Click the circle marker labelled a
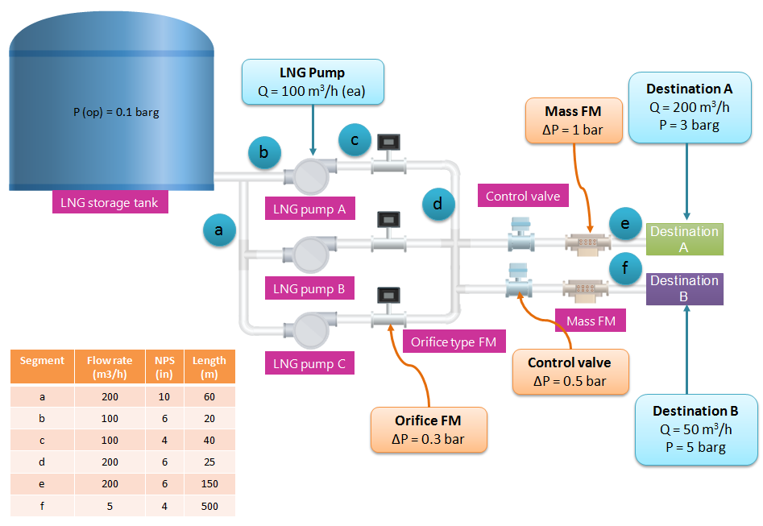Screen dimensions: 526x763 click(218, 231)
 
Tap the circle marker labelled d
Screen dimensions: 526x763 click(437, 205)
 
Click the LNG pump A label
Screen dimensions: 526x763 click(309, 209)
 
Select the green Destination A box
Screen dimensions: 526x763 click(684, 239)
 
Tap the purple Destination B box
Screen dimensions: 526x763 click(684, 288)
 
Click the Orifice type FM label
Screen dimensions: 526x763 click(453, 342)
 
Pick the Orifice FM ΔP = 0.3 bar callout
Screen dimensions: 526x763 click(428, 429)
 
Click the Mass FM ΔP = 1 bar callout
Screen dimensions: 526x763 click(573, 121)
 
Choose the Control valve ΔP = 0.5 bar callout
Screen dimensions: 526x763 click(569, 372)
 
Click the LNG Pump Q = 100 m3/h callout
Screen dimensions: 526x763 click(312, 82)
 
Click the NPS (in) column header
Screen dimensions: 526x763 click(164, 367)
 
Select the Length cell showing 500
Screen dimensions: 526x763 click(209, 505)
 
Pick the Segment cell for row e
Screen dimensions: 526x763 click(42, 483)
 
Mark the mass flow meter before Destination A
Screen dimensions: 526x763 click(586, 241)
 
